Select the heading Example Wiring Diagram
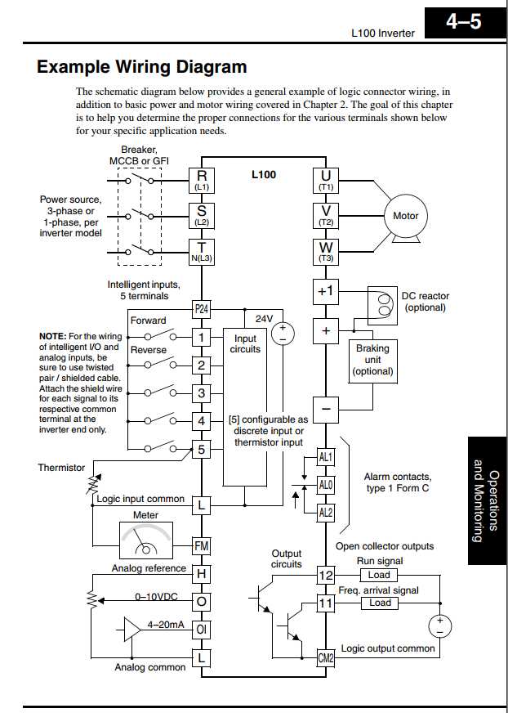[141, 67]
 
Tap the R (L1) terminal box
[202, 179]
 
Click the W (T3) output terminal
[326, 250]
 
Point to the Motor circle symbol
[406, 216]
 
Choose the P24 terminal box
[202, 308]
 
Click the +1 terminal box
[326, 290]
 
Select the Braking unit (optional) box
[372, 359]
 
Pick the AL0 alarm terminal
[326, 485]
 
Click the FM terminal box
[202, 545]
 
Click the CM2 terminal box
[326, 657]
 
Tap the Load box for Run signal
[380, 575]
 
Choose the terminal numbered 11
[326, 604]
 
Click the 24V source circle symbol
[283, 332]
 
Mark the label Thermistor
[61, 468]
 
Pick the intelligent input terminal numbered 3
[202, 393]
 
